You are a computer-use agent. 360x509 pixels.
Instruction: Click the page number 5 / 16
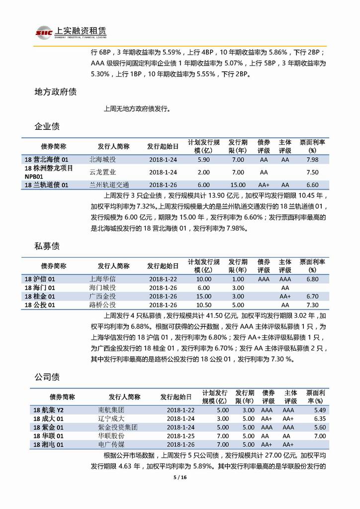pyautogui.click(x=180, y=478)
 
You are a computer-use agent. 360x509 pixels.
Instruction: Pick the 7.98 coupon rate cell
pyautogui.click(x=312, y=160)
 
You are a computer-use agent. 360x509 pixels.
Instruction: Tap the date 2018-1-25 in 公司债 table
pyautogui.click(x=176, y=435)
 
